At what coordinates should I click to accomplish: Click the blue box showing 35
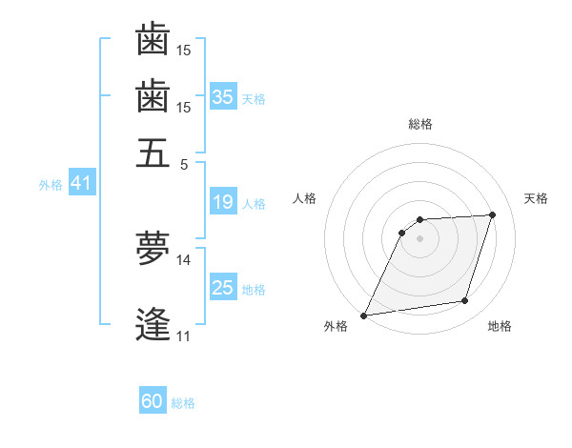point(223,96)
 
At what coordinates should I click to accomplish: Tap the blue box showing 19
point(223,202)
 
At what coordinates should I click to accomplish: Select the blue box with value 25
point(223,288)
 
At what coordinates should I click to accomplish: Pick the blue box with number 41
point(81,183)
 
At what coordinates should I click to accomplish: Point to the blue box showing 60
point(153,401)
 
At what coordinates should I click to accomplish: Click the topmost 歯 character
point(153,40)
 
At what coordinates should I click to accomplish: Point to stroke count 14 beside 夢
point(183,259)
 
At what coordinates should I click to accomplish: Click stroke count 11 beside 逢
point(183,336)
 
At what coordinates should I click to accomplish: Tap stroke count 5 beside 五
point(184,163)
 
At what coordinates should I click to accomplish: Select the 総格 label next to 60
point(183,403)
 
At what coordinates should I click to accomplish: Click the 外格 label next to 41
point(51,185)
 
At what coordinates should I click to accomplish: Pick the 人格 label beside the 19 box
point(254,204)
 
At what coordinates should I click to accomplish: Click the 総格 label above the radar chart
point(420,124)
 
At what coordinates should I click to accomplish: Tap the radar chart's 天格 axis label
point(536,198)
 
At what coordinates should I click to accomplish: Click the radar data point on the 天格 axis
point(493,214)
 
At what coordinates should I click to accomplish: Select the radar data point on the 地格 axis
point(465,301)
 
